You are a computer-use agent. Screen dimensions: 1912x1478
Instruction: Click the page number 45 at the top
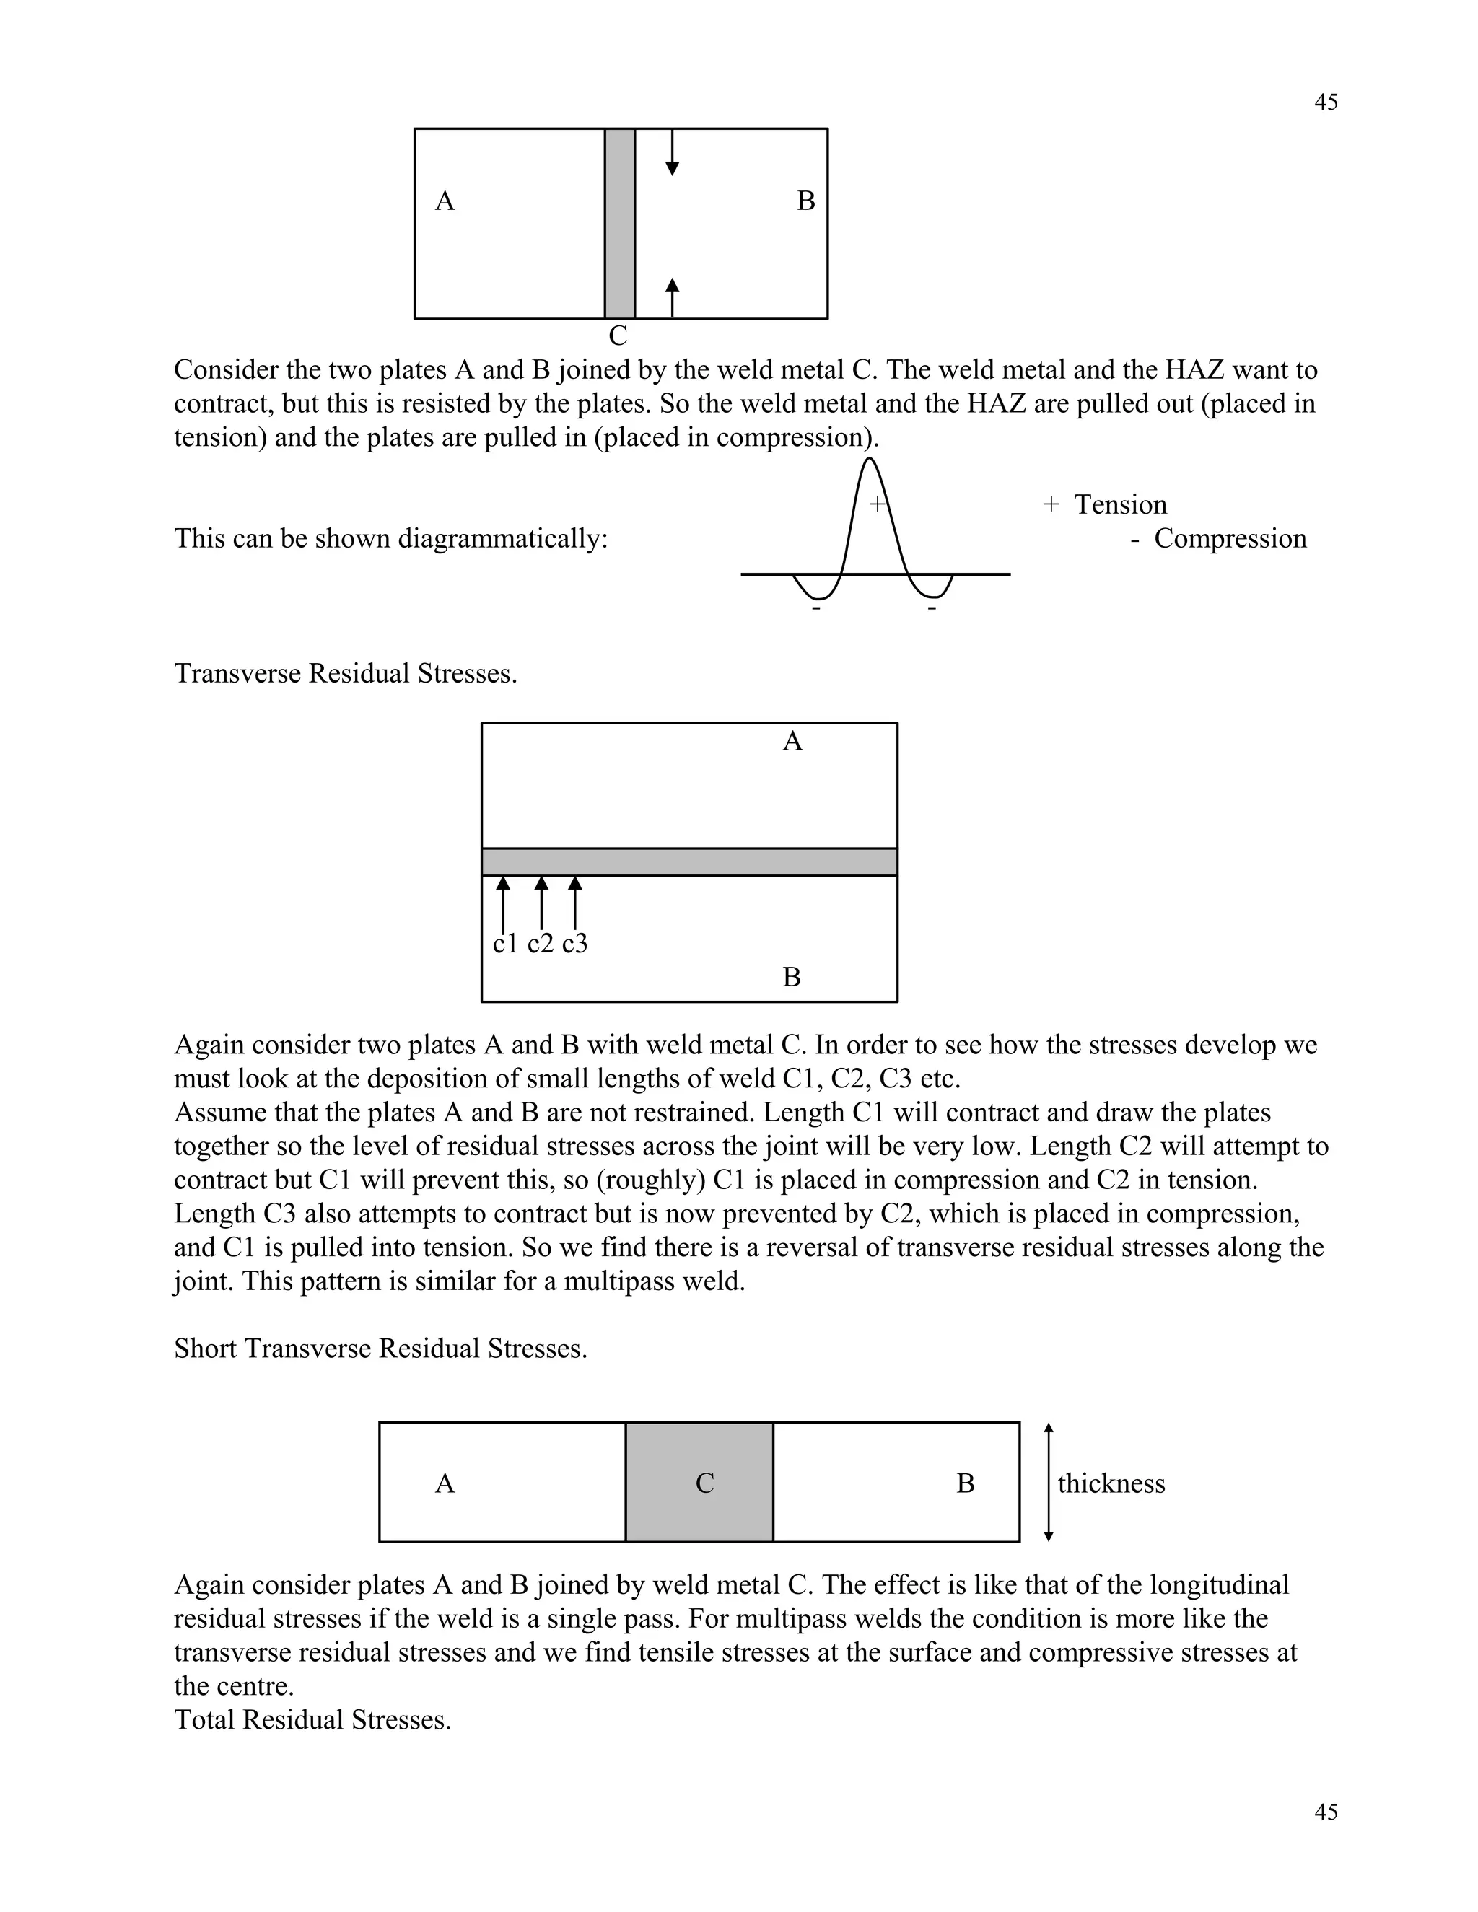coord(1326,102)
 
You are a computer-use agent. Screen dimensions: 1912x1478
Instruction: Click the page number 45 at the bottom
coord(1326,1812)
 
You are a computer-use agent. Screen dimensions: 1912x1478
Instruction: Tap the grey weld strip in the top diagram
coord(620,223)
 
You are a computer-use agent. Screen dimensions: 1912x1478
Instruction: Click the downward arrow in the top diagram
coord(673,153)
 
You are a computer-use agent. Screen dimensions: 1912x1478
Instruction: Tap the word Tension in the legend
coord(1120,505)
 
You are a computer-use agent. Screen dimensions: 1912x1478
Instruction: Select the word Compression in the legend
coord(1229,538)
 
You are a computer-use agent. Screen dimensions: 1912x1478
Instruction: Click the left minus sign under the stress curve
coord(816,608)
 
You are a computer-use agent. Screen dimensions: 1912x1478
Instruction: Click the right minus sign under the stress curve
coord(932,608)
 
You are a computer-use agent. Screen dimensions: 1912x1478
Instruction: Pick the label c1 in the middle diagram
coord(505,944)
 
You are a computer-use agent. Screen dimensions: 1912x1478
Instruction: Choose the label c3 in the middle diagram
coord(574,944)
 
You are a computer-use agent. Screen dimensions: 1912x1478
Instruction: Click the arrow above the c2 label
coord(541,902)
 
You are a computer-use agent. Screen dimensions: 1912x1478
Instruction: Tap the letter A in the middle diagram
coord(792,742)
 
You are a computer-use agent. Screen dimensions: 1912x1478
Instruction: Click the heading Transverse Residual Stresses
coord(346,673)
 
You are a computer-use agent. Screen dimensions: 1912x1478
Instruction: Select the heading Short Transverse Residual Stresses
coord(381,1349)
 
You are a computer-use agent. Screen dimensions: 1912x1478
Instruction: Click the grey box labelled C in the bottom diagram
coord(699,1483)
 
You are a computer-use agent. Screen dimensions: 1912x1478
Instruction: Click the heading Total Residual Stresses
coord(312,1719)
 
